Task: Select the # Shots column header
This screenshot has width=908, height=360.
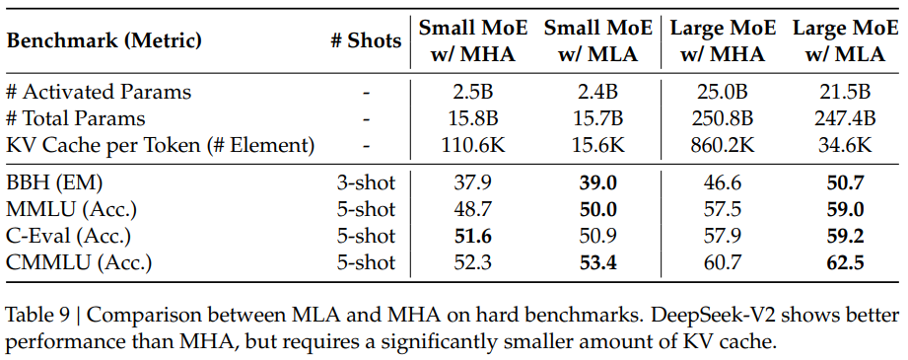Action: (366, 40)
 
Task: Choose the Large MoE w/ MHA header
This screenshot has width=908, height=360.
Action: (723, 40)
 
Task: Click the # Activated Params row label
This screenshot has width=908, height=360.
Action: (99, 93)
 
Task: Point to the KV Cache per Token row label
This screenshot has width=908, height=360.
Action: (160, 146)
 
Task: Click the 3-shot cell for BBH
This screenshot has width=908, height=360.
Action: (366, 182)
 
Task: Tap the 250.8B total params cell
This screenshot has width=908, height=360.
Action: (723, 119)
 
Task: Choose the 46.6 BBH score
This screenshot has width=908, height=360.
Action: (723, 182)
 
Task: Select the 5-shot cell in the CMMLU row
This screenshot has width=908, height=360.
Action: (366, 262)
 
